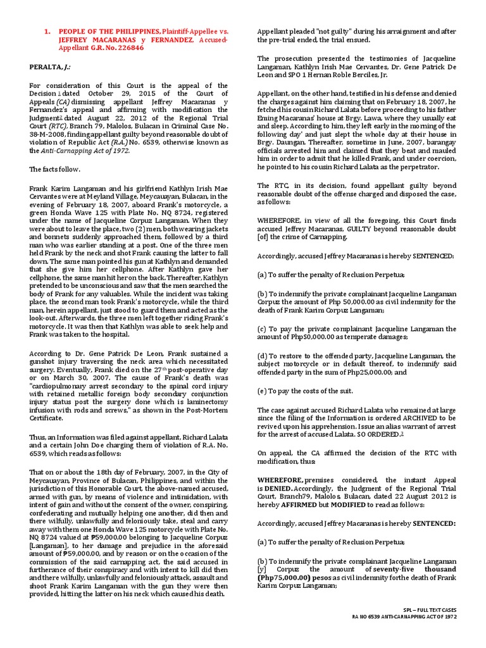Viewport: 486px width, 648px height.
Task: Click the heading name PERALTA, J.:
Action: pyautogui.click(x=50, y=66)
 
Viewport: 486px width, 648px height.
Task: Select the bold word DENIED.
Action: pyautogui.click(x=283, y=486)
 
